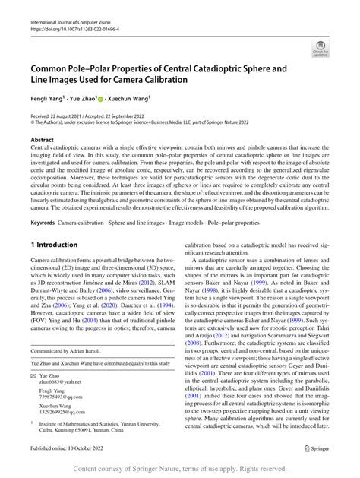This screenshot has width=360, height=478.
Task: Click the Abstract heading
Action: tap(42, 141)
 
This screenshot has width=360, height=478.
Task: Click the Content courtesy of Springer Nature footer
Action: tap(179, 469)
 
